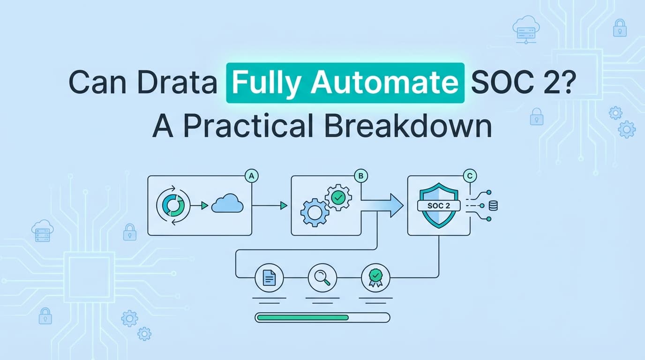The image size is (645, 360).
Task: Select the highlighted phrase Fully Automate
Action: pyautogui.click(x=345, y=82)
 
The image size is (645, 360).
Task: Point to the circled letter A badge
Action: pyautogui.click(x=252, y=176)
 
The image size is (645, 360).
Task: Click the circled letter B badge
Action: pyautogui.click(x=361, y=176)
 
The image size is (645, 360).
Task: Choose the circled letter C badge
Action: pyautogui.click(x=469, y=176)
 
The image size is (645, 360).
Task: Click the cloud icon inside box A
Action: pyautogui.click(x=227, y=205)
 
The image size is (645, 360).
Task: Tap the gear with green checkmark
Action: pyautogui.click(x=337, y=197)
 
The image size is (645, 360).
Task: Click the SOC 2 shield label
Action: pyautogui.click(x=438, y=205)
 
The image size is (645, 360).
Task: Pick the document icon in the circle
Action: pyautogui.click(x=269, y=278)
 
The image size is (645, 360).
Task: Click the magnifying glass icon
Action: pyautogui.click(x=322, y=278)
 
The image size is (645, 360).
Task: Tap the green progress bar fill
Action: pyautogui.click(x=303, y=317)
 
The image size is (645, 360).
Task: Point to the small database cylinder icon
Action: pyautogui.click(x=493, y=205)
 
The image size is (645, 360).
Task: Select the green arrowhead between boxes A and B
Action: pyautogui.click(x=284, y=205)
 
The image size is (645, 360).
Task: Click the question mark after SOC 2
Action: pyautogui.click(x=569, y=82)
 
